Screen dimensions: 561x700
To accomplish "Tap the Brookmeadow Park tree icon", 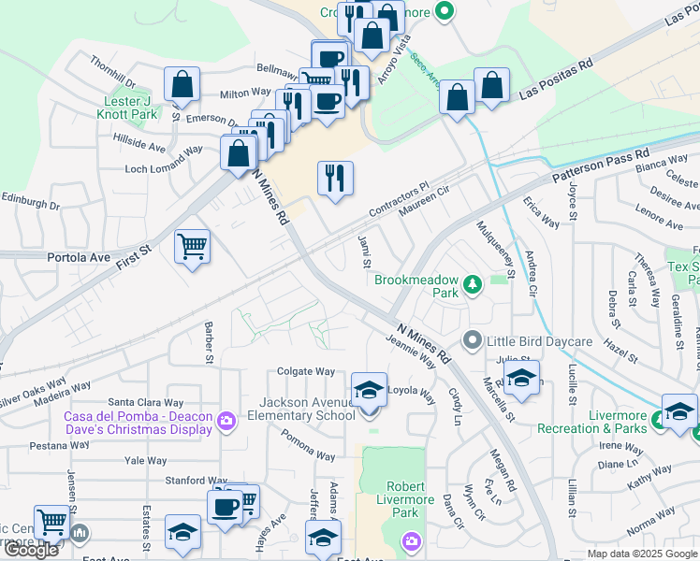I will pos(474,282).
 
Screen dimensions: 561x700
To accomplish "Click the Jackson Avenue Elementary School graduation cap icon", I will pos(369,389).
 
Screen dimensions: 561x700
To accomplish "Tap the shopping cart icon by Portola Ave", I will pos(193,247).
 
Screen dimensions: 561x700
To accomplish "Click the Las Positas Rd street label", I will pos(557,80).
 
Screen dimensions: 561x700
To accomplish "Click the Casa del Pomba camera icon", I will pos(226,421).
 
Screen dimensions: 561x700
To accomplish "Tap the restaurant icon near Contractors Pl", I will pos(335,177).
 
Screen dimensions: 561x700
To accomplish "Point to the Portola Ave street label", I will pos(79,256).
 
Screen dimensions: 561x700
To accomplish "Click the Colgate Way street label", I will pos(305,371).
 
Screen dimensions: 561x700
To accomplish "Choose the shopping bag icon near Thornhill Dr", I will pos(182,84).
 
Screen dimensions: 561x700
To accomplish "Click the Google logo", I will pos(31,550).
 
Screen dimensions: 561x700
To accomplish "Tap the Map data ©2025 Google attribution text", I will pos(642,554).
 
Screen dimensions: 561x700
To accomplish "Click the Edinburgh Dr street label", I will pos(30,202).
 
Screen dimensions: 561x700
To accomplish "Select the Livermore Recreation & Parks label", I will pos(593,422).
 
